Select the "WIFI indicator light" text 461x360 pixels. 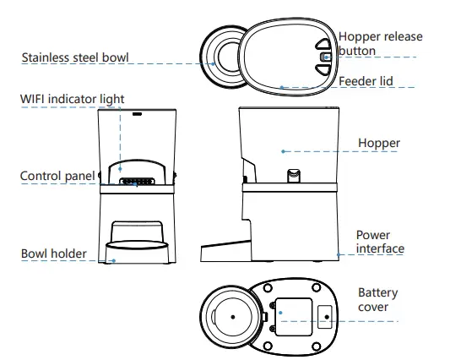(73, 99)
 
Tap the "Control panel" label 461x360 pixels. (57, 176)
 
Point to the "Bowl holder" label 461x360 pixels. (53, 254)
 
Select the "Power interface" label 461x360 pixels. (379, 242)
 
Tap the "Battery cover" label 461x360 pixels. (377, 300)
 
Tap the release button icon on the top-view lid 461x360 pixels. (323, 57)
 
